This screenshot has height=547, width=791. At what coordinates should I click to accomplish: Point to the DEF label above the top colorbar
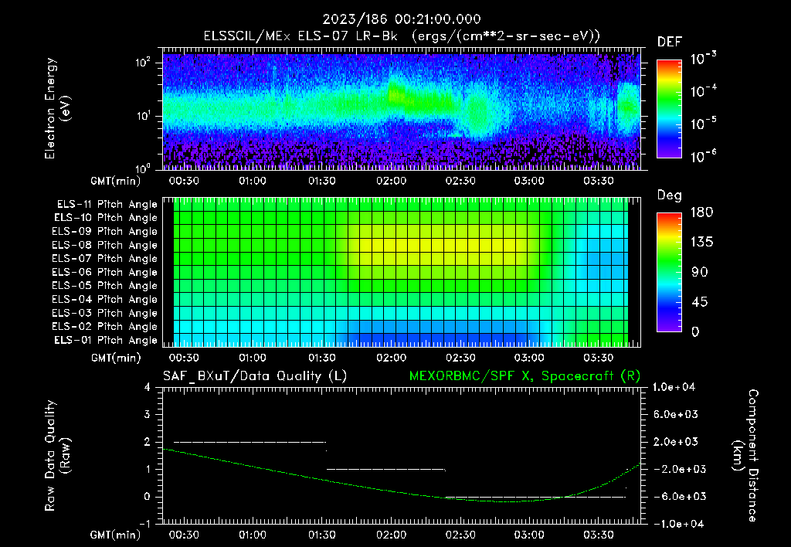669,42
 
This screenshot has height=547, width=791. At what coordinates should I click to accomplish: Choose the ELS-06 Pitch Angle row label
104,272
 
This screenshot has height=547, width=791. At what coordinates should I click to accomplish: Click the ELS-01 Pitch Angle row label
104,340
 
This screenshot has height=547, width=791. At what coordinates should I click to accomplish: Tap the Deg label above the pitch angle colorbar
669,195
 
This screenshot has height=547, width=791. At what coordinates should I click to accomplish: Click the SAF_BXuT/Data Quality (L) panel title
254,376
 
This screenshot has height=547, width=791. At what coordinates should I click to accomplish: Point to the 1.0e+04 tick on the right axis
677,387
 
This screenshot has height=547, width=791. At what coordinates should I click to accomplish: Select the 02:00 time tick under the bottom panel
391,534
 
